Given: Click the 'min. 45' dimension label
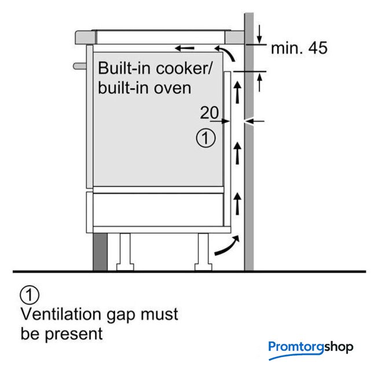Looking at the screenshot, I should click(299, 48).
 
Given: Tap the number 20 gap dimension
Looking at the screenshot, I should click(210, 112).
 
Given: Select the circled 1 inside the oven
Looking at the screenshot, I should click(206, 139).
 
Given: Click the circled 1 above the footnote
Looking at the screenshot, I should click(30, 295).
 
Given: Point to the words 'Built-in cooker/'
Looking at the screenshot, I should click(155, 68).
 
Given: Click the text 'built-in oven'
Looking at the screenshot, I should click(145, 88).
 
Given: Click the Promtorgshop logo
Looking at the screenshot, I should click(310, 348).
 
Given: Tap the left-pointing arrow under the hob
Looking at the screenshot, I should click(186, 48).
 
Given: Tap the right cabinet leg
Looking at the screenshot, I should click(204, 249).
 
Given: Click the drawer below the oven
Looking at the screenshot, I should click(156, 209).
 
